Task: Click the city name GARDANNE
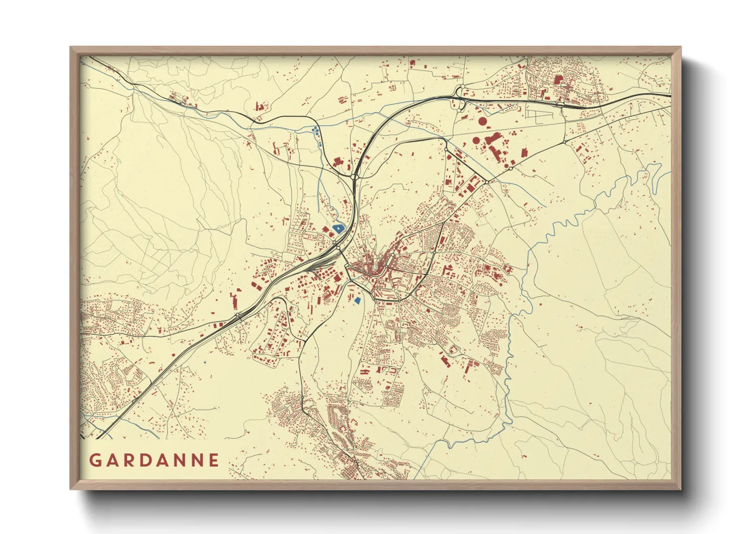pos(154,460)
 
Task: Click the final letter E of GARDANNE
pos(214,460)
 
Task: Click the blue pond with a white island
pos(337,228)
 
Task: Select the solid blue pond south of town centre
pos(357,300)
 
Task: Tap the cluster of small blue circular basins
pos(316,132)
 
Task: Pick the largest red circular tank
pos(483,121)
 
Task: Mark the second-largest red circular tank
pos(475,140)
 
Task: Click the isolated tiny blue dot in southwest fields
pos(204,362)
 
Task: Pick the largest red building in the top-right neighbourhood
pos(558,79)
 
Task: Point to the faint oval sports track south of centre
pos(389,313)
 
